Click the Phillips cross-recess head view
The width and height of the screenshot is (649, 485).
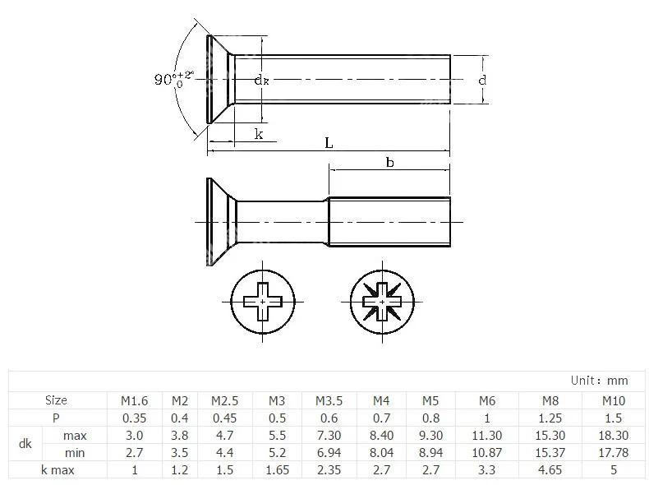(262, 302)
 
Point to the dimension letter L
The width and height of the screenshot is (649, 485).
(329, 143)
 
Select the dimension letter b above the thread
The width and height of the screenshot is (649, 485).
(389, 163)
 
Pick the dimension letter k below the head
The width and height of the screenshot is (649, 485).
(259, 134)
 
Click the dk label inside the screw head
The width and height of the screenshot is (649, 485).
(260, 80)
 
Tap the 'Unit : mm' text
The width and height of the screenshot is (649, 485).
(599, 381)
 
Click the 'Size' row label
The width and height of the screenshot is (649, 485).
(56, 400)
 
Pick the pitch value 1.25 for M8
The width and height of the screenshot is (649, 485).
(550, 418)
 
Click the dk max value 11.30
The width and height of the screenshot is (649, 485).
(488, 435)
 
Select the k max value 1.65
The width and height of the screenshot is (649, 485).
(277, 469)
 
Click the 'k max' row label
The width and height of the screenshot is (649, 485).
(56, 469)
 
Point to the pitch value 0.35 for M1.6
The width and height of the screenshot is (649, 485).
(136, 418)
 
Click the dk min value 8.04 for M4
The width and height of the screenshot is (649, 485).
(380, 452)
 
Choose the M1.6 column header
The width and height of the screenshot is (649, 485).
(136, 400)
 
